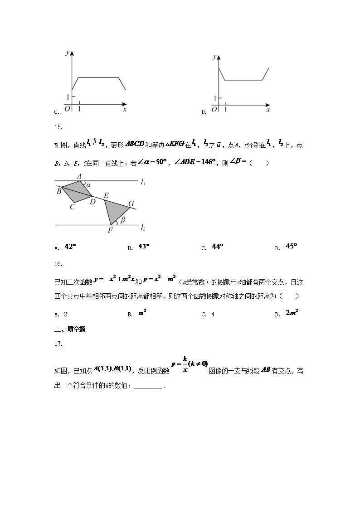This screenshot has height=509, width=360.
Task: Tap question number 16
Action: tap(58, 263)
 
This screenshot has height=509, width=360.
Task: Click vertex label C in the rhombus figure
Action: tap(72, 208)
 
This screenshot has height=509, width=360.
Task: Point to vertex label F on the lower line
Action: tap(110, 230)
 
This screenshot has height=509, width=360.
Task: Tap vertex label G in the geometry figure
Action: tap(131, 204)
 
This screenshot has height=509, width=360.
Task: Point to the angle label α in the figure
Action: tap(88, 185)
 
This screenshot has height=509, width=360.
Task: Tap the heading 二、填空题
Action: tap(70, 330)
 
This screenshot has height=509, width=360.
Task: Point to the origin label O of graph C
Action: tap(67, 109)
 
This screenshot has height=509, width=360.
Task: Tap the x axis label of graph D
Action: tap(268, 110)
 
